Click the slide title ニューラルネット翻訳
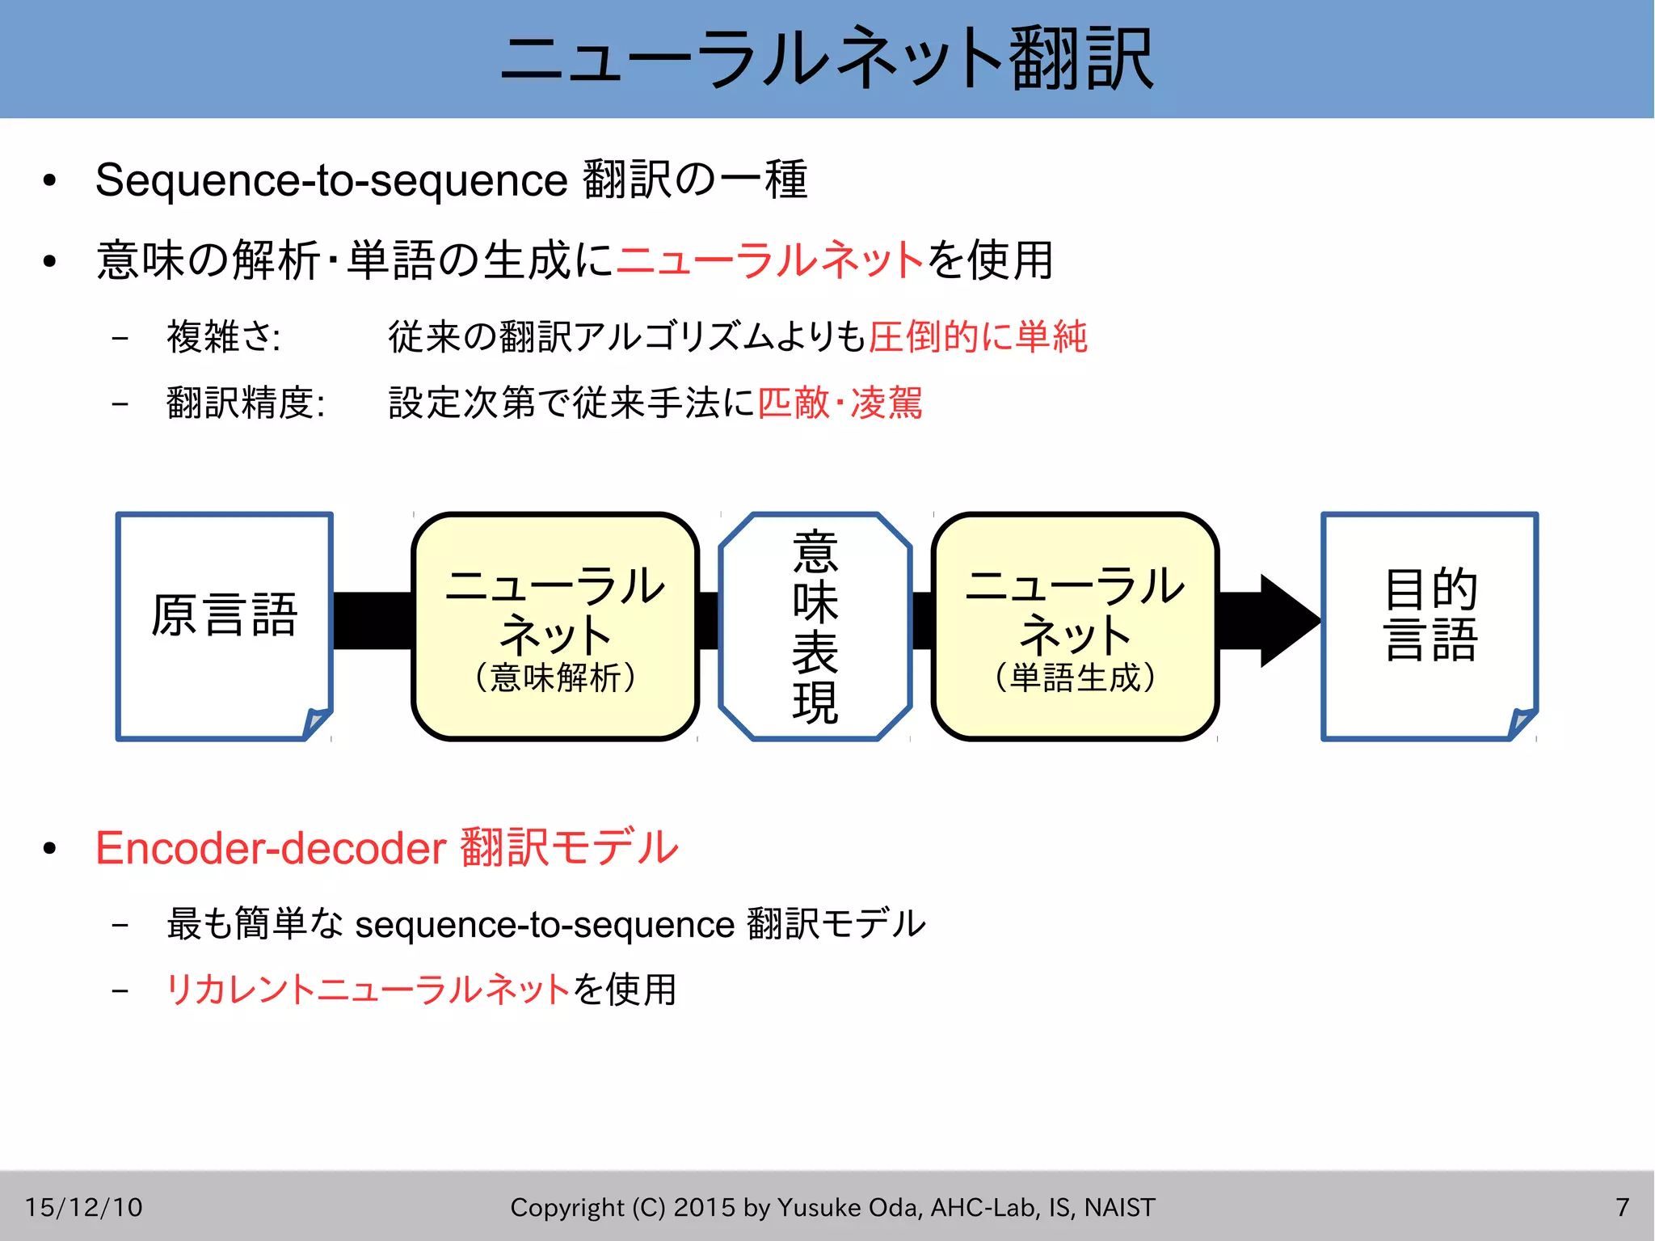[827, 58]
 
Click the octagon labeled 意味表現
[815, 626]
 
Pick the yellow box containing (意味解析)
[555, 626]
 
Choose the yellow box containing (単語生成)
[1075, 626]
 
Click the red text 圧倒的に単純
[978, 336]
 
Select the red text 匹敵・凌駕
[840, 403]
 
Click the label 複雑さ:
[223, 336]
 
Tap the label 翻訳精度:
[246, 403]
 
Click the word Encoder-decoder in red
[271, 848]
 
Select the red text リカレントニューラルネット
[368, 990]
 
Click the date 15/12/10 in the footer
[83, 1207]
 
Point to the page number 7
[1622, 1207]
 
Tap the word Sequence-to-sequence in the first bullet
[331, 179]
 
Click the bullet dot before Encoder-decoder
[50, 848]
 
